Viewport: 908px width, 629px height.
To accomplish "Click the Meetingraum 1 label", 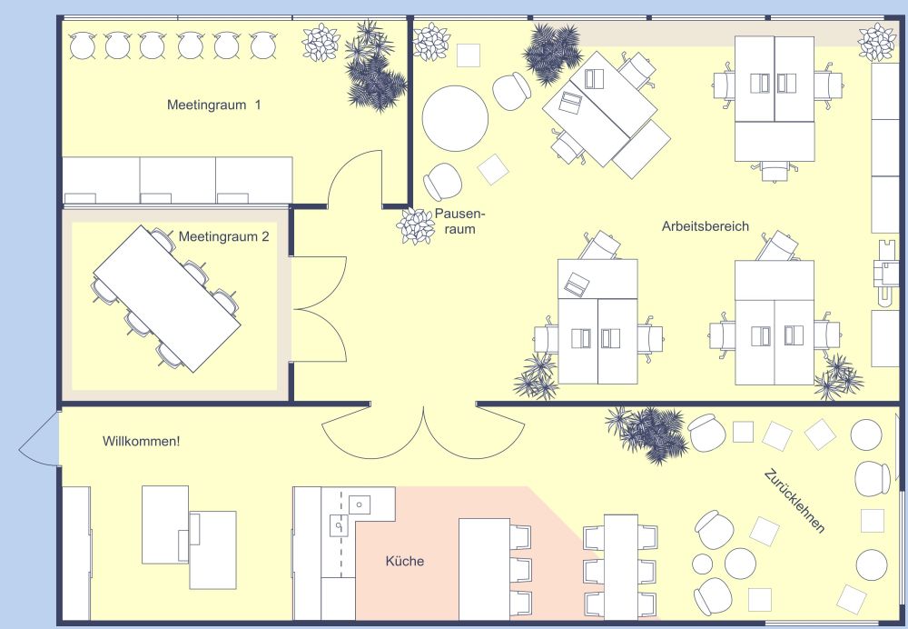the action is point(213,105).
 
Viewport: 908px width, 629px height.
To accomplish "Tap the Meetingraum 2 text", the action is point(223,236).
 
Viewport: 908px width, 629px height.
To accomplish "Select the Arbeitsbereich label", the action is point(706,226).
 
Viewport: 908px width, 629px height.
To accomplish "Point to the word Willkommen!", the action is point(142,441).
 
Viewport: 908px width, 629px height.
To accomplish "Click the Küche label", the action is point(405,561).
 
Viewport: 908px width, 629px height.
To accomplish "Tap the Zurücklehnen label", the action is point(794,501).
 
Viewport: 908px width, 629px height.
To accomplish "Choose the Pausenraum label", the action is point(459,221).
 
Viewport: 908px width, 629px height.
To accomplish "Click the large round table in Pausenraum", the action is point(455,119).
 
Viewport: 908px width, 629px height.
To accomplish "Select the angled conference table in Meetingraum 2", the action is point(167,298).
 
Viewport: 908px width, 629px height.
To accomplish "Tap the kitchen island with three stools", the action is point(484,569).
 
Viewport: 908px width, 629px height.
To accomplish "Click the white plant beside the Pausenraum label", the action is point(416,226).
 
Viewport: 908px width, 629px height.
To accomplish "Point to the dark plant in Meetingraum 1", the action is point(375,66).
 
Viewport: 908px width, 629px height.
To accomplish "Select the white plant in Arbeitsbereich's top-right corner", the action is point(877,42).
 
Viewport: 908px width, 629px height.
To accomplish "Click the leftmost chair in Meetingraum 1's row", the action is point(83,45).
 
